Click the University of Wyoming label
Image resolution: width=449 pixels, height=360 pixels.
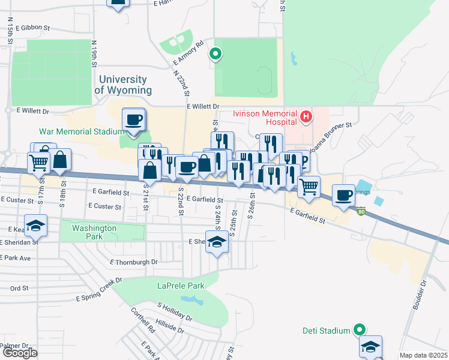[x=123, y=85]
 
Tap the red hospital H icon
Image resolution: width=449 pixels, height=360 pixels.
[x=306, y=116]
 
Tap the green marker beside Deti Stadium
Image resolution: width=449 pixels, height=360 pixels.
[x=359, y=329]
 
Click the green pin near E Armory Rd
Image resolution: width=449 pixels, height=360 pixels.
[x=215, y=55]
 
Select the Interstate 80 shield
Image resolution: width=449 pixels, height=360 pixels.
[x=361, y=211]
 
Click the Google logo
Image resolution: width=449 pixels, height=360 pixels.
[x=20, y=353]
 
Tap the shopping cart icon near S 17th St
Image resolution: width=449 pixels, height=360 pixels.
[x=38, y=161]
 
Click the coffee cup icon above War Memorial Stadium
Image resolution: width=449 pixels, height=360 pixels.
[x=133, y=118]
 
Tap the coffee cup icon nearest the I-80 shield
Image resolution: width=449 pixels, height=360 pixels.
[x=344, y=195]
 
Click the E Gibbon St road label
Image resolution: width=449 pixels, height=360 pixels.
[x=33, y=28]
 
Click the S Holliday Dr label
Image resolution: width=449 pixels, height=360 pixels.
[x=175, y=311]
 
